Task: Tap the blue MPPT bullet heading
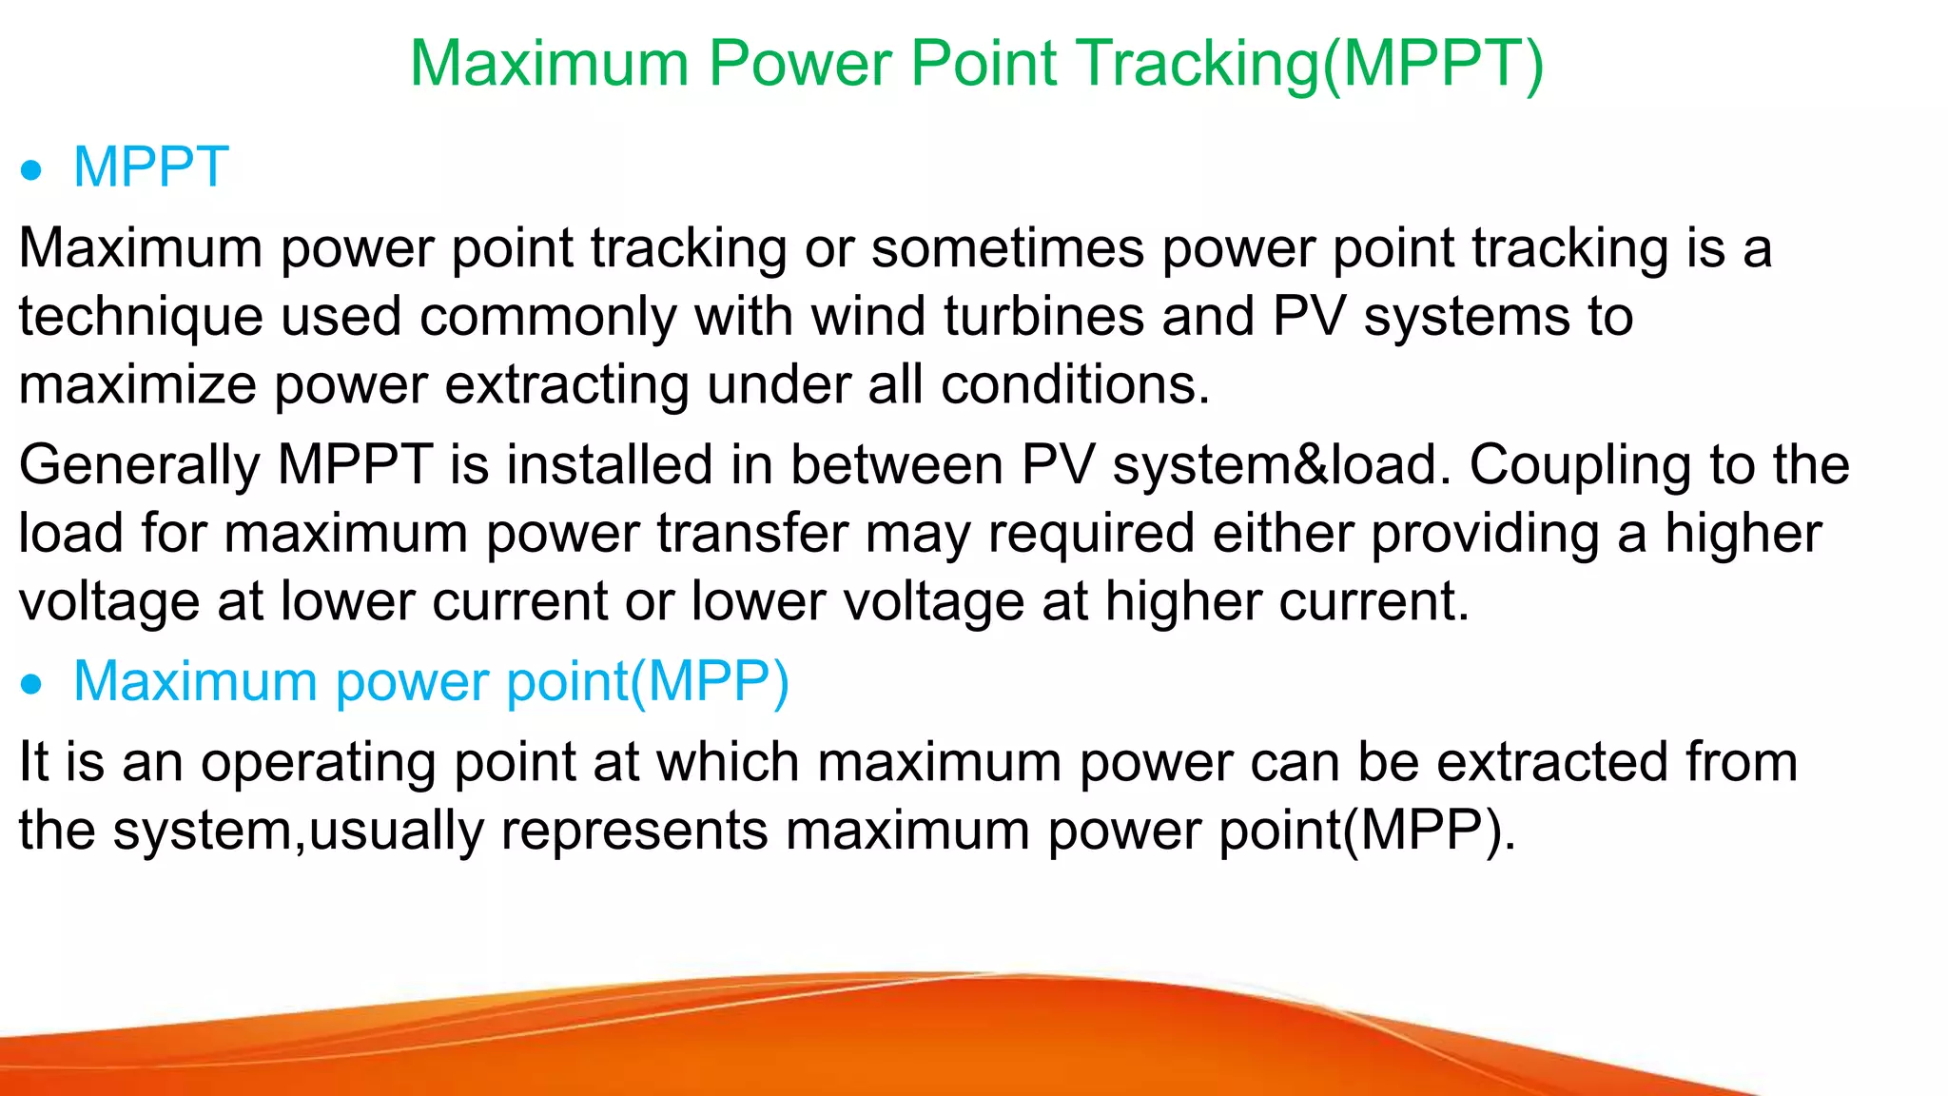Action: tap(150, 167)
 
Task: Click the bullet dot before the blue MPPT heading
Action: tap(32, 171)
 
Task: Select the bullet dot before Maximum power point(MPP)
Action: tap(32, 685)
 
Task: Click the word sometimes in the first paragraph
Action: tap(1007, 248)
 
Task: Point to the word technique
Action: tap(141, 319)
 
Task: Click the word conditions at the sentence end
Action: tap(1075, 385)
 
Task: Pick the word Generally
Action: tap(139, 467)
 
